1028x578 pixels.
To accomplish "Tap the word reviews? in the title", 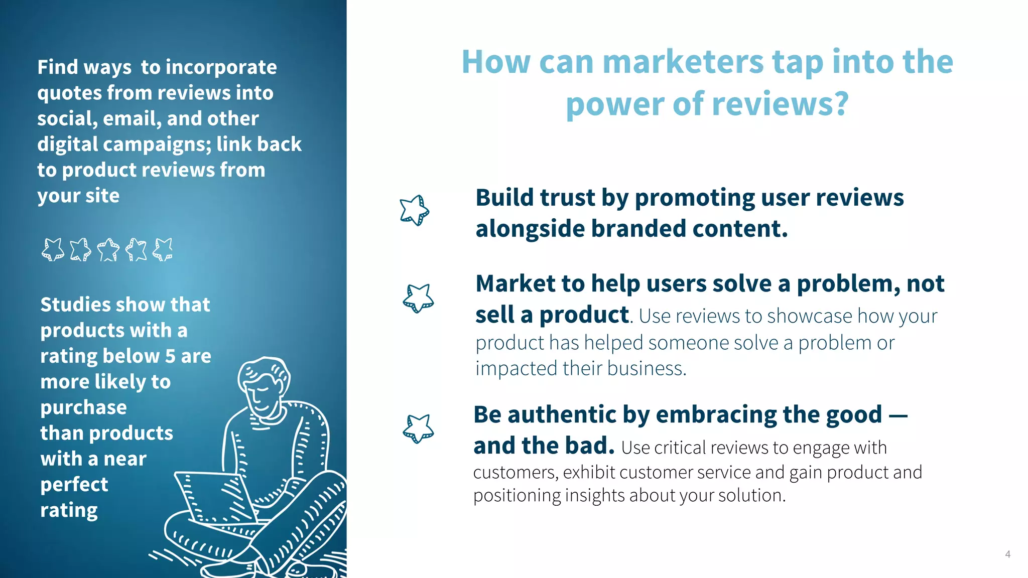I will [780, 104].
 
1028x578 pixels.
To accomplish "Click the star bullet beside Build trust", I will [415, 210].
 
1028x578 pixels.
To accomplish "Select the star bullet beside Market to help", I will [418, 298].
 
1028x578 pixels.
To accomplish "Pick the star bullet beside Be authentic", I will [418, 428].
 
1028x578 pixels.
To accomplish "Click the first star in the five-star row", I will [53, 249].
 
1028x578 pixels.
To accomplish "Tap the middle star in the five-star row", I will [108, 249].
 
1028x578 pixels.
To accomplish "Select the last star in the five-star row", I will [163, 249].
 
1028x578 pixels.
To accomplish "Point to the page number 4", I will [1007, 554].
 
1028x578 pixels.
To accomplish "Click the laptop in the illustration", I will [213, 497].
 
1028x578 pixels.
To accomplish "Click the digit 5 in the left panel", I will [170, 356].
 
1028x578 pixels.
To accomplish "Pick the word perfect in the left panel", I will [74, 485].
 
